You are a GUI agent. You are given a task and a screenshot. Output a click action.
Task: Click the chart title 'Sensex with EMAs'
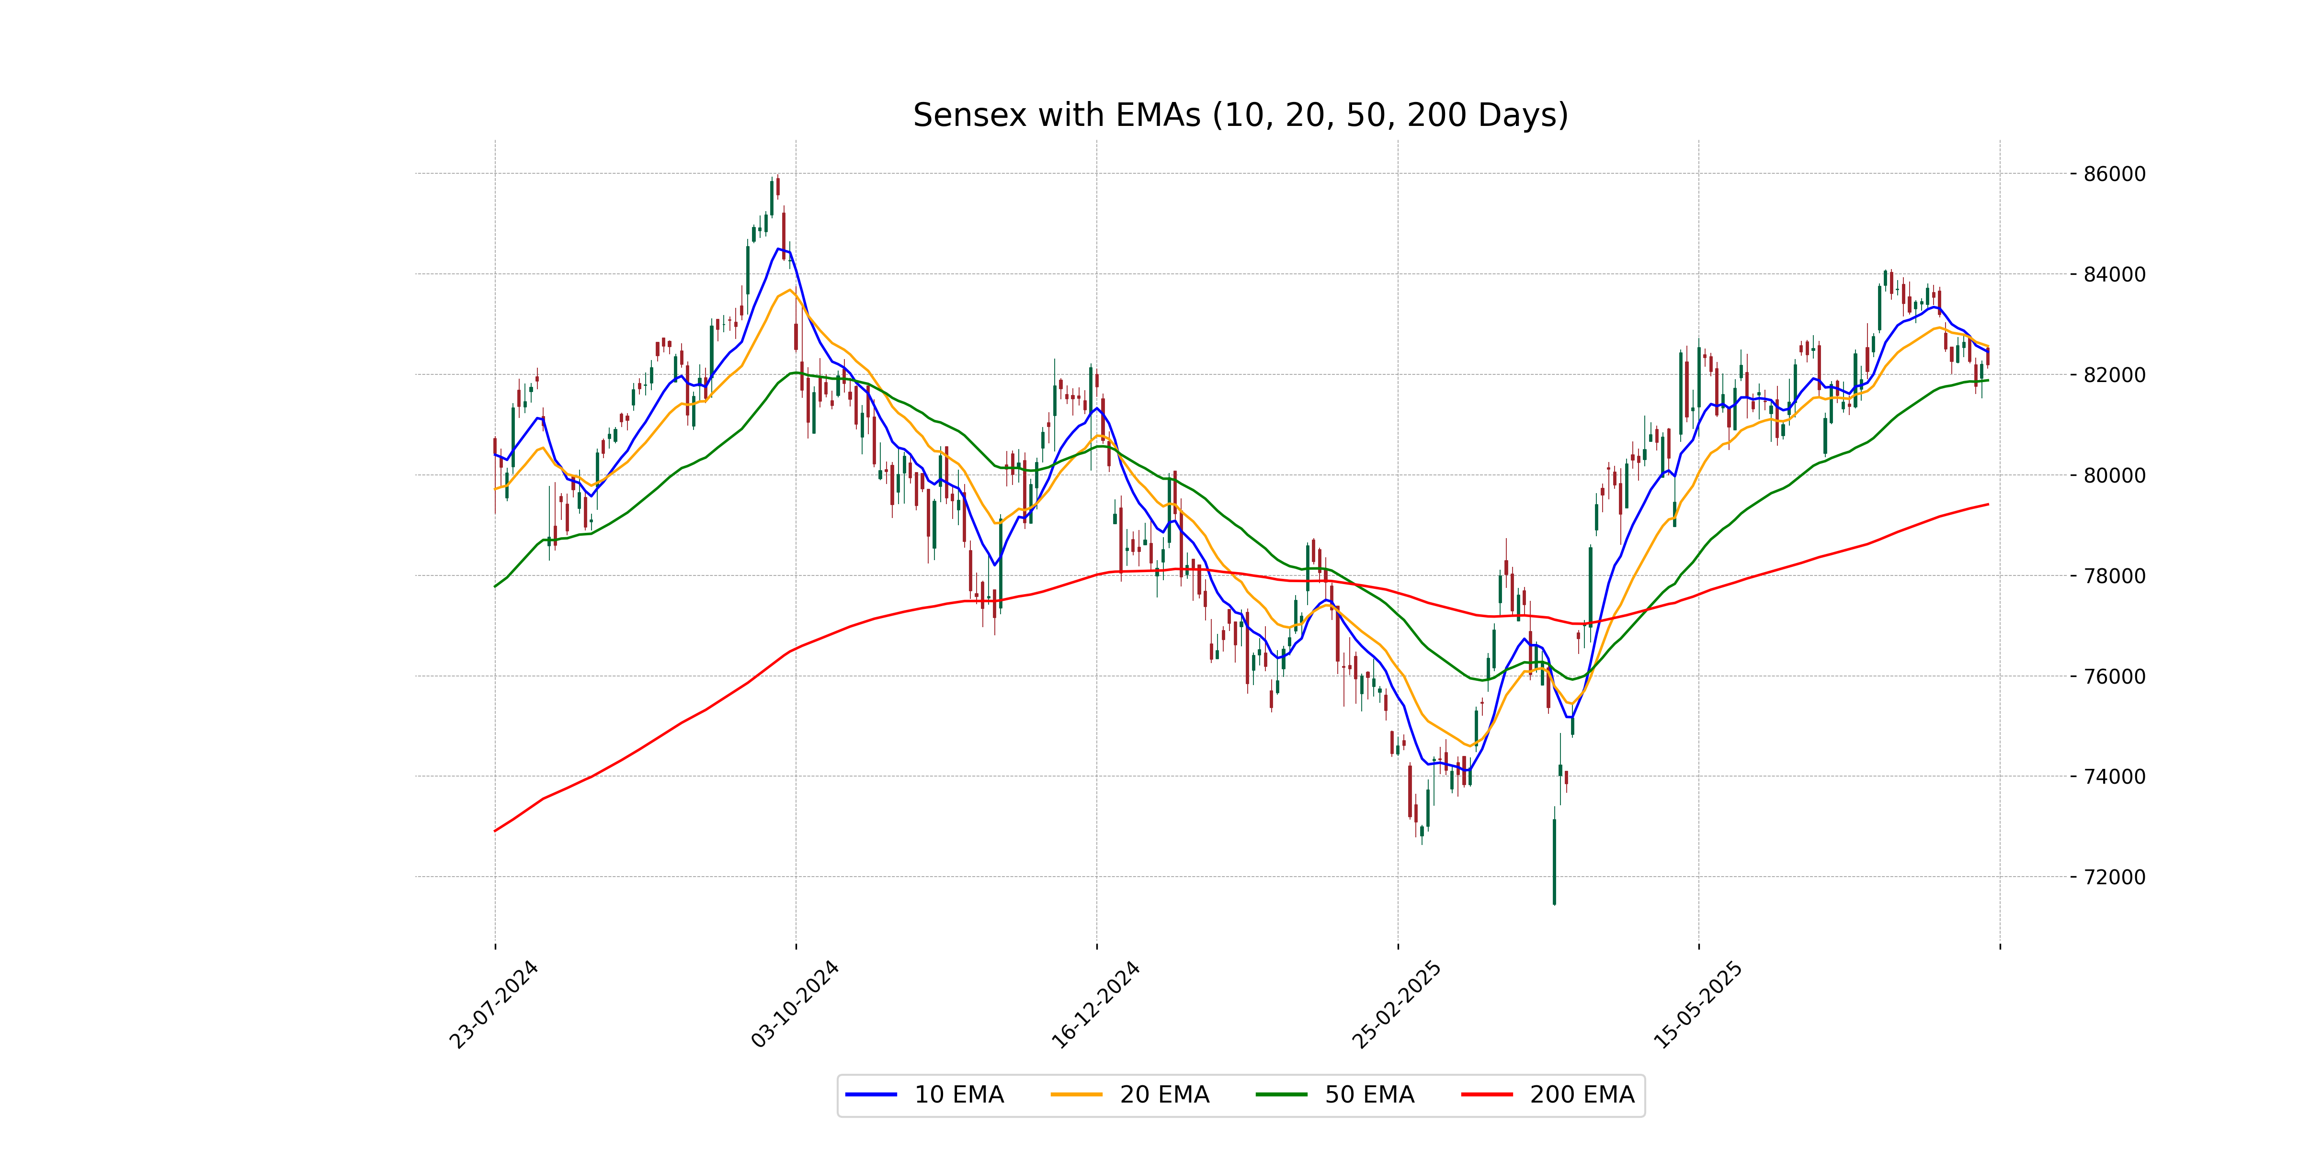point(1240,115)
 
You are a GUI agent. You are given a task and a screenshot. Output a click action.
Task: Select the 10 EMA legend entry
point(958,1094)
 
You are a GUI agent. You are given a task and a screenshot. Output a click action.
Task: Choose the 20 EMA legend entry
point(1164,1094)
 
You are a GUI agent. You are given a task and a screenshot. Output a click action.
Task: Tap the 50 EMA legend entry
point(1369,1094)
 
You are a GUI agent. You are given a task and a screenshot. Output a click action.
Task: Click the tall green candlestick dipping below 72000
point(1554,861)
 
